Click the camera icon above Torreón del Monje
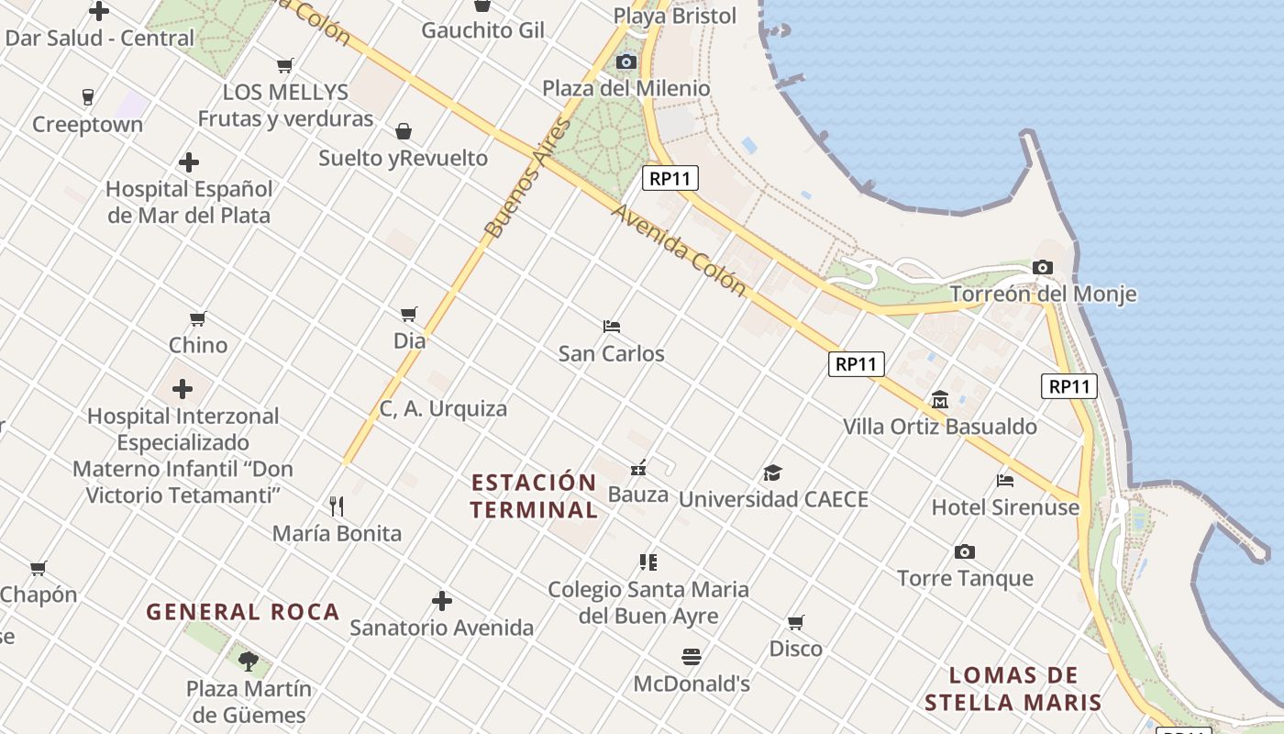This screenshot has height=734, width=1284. [1042, 268]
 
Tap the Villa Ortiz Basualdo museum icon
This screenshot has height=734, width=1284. [940, 400]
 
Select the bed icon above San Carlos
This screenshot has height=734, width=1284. [612, 326]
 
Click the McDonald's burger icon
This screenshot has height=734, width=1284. [692, 657]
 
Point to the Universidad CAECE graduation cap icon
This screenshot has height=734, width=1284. [772, 473]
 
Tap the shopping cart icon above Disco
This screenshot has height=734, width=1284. [795, 622]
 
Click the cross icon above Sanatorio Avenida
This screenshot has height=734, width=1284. [442, 601]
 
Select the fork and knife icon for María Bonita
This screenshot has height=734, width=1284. [337, 506]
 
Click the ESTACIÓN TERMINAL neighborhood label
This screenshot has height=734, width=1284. [534, 495]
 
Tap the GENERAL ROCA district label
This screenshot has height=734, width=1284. [243, 612]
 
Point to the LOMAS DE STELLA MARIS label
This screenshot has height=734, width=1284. [1013, 689]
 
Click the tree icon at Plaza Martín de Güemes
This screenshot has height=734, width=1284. [248, 661]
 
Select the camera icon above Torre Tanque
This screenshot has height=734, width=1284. [964, 551]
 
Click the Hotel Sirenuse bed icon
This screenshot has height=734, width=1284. [1005, 480]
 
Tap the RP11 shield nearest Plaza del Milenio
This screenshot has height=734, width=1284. [670, 178]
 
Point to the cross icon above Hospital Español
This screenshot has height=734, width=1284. [189, 162]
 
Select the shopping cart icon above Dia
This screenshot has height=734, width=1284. [409, 314]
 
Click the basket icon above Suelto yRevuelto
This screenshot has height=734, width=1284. [404, 131]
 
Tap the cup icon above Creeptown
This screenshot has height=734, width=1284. [88, 97]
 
